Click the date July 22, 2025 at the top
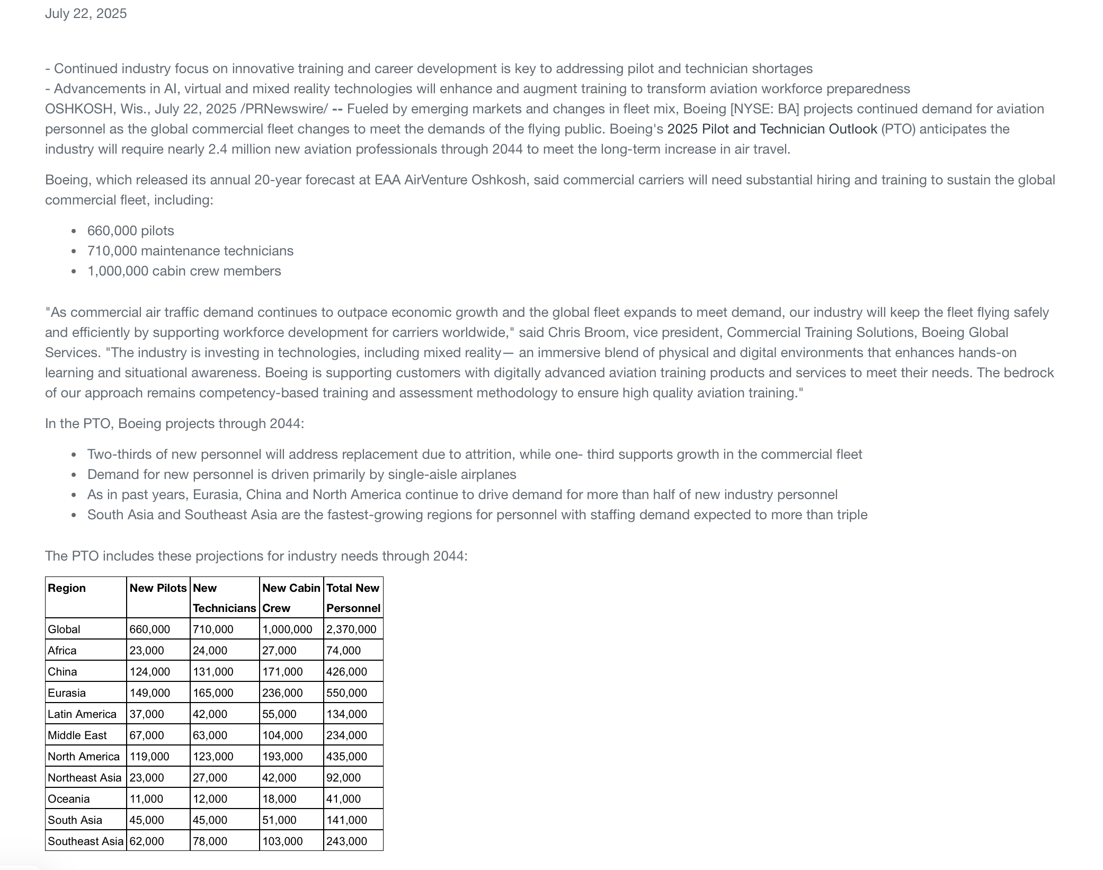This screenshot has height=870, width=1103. (x=86, y=14)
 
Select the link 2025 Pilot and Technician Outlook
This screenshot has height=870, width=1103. (x=772, y=129)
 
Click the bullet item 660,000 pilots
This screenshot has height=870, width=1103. (x=130, y=231)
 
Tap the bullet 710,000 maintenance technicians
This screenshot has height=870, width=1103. (x=190, y=251)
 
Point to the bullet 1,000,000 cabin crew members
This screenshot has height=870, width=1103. (x=184, y=271)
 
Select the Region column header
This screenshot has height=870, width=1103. (x=67, y=588)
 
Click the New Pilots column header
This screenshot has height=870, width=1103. (x=158, y=588)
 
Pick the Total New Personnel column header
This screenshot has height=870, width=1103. (x=353, y=598)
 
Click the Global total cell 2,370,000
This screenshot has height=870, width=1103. (x=351, y=629)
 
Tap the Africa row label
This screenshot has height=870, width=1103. (x=62, y=651)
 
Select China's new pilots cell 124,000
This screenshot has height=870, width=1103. (x=150, y=672)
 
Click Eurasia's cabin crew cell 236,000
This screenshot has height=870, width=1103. (x=282, y=693)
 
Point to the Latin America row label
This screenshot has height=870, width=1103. (x=82, y=714)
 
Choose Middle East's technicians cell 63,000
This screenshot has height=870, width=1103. (x=210, y=735)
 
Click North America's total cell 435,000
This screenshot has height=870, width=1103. (x=346, y=757)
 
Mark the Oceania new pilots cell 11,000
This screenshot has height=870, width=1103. (x=147, y=799)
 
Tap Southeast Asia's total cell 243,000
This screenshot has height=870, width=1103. (x=346, y=841)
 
